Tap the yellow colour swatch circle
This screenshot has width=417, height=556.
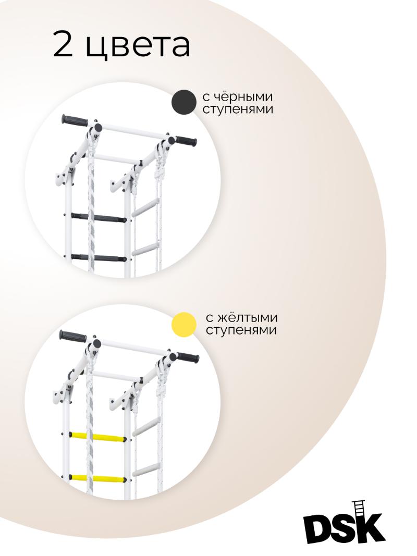[x=183, y=325]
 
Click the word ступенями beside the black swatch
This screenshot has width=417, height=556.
[x=238, y=109]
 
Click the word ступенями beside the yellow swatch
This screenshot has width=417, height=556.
[x=241, y=330]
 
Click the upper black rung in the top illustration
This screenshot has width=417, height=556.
[x=99, y=217]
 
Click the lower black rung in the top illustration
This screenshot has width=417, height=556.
[x=99, y=258]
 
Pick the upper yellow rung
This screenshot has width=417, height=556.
[x=97, y=437]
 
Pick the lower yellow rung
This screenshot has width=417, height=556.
[x=97, y=479]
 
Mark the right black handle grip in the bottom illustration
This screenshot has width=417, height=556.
[x=188, y=357]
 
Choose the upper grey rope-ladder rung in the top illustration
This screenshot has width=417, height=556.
[x=145, y=208]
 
